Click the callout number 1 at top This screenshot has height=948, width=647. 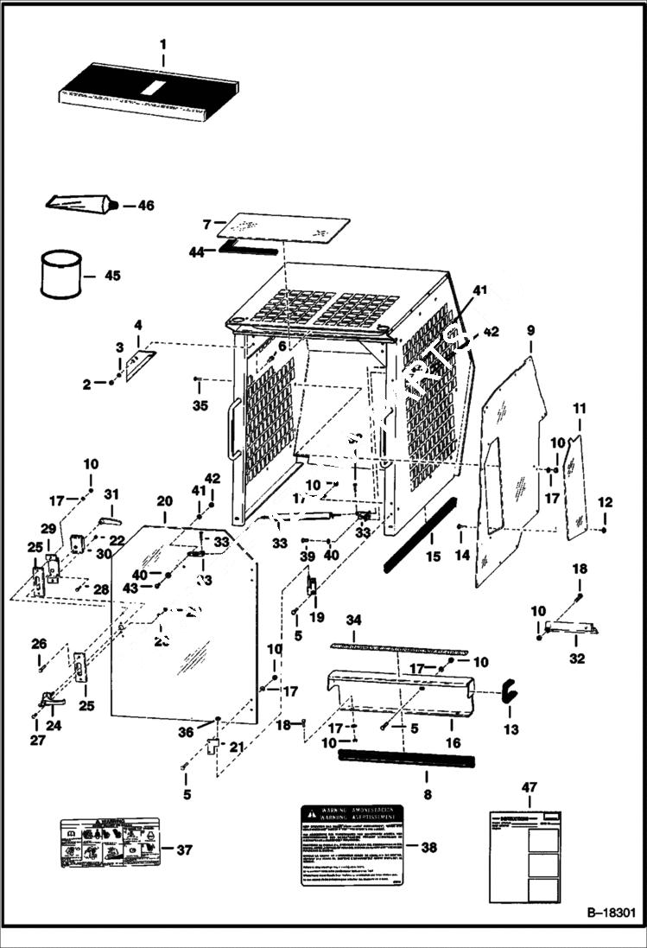coord(162,43)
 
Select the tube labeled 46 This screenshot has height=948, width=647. coord(79,204)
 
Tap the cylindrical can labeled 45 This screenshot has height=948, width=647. coord(61,275)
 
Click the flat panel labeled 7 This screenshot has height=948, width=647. coord(284,228)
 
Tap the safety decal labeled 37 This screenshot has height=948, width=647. coord(104,843)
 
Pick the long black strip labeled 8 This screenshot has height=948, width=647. coord(406,758)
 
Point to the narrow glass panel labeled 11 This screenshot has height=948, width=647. coord(575,488)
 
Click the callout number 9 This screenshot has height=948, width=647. coord(530,330)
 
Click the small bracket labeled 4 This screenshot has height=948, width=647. coord(139,365)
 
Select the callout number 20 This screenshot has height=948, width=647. coord(164,501)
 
